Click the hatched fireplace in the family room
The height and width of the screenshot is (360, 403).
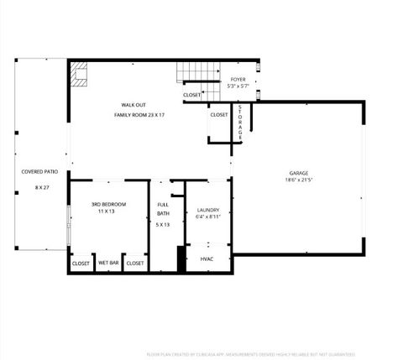tap(79, 75)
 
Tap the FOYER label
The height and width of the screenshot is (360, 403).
tap(238, 79)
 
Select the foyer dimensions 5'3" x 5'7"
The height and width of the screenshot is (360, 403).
tap(238, 86)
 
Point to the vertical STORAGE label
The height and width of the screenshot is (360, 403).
tap(240, 121)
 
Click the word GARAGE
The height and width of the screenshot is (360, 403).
tap(299, 172)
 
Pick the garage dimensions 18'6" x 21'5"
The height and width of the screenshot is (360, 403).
tap(299, 180)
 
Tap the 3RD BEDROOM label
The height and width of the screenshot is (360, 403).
tap(108, 204)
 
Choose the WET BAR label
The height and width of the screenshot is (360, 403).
tap(108, 263)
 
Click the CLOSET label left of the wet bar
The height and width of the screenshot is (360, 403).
tap(81, 263)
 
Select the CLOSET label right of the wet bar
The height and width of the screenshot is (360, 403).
tap(135, 263)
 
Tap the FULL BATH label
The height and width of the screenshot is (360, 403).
tap(163, 209)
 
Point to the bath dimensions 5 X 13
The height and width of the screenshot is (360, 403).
tap(163, 225)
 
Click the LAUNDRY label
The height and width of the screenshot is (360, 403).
tap(208, 210)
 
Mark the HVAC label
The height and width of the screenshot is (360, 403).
tap(207, 259)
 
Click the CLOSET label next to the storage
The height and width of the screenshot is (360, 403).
tap(218, 115)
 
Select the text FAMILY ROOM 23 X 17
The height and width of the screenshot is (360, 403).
tap(139, 114)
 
